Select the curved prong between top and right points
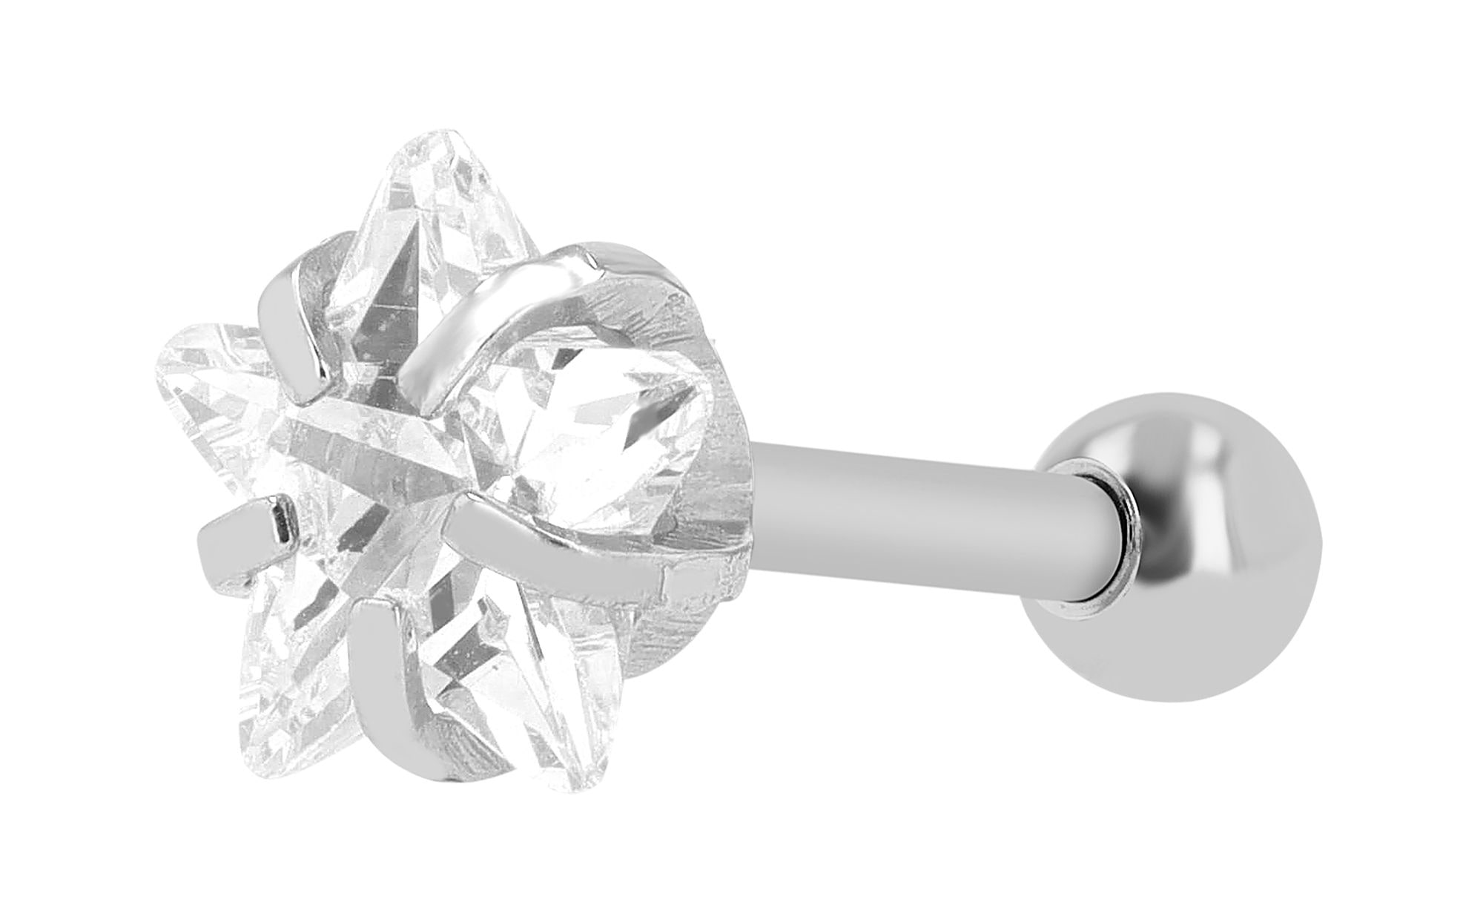coord(504,319)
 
